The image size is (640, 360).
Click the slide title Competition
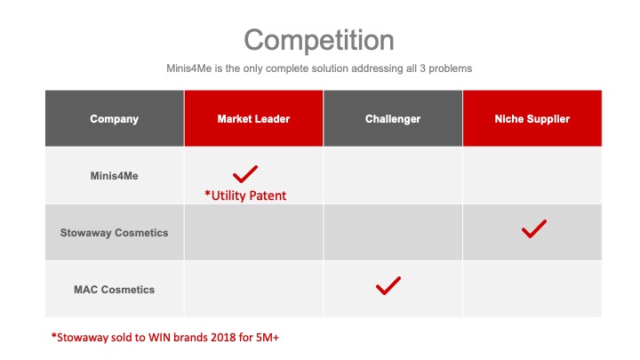319,40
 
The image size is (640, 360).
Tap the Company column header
115,119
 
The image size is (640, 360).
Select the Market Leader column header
253,119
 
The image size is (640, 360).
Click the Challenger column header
393,119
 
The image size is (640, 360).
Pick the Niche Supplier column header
532,119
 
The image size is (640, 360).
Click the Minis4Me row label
115,176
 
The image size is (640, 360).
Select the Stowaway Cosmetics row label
115,233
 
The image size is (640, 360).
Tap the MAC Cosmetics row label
115,290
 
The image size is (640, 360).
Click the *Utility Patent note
245,196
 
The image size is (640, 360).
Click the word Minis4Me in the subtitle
189,68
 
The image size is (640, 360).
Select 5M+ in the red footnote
268,338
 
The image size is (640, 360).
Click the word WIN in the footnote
159,338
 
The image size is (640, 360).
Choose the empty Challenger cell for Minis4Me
393,175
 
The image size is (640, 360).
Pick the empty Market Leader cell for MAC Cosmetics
253,289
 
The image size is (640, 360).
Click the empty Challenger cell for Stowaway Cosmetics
393,232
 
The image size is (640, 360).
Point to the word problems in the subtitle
450,68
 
